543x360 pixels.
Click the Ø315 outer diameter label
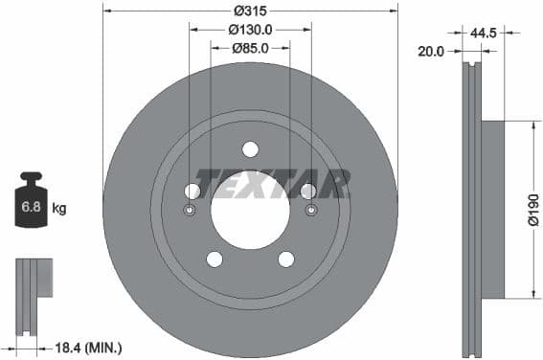pyautogui.click(x=250, y=11)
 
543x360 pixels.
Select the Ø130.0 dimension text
pyautogui.click(x=250, y=30)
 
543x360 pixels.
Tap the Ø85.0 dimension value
pyautogui.click(x=250, y=49)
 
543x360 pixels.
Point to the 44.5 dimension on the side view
pyautogui.click(x=483, y=33)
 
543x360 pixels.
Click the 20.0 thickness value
pyautogui.click(x=432, y=52)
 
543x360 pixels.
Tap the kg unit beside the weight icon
pyautogui.click(x=59, y=208)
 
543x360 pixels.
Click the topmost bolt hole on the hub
pyautogui.click(x=250, y=148)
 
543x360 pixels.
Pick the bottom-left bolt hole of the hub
pyautogui.click(x=214, y=259)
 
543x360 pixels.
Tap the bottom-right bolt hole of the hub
pyautogui.click(x=286, y=259)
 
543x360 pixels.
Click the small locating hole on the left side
pyautogui.click(x=189, y=212)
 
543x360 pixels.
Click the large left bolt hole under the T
pyautogui.click(x=192, y=191)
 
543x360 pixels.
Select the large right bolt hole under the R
pyautogui.click(x=308, y=191)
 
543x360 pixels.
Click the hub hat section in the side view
pyautogui.click(x=491, y=209)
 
